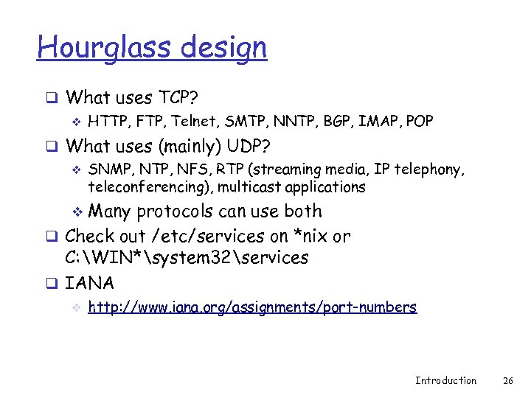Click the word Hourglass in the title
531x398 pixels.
click(93, 49)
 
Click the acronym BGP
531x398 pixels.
click(336, 121)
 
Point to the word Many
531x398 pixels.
click(109, 212)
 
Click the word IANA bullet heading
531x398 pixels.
click(89, 283)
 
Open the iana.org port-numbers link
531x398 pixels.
click(251, 307)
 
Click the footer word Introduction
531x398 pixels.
click(445, 380)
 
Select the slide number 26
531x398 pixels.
click(507, 380)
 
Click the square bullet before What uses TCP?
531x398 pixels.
click(53, 97)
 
